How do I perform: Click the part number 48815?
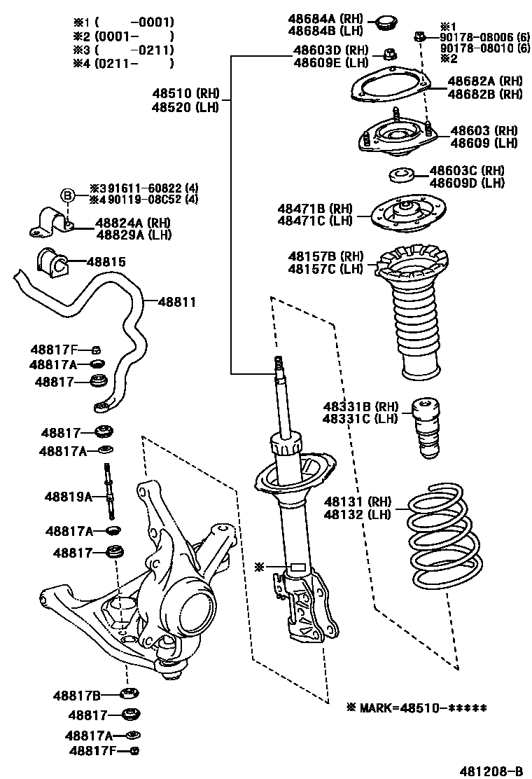pos(106,262)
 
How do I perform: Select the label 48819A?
pos(69,497)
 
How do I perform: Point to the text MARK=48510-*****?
pos(416,708)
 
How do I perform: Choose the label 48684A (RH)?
pos(327,19)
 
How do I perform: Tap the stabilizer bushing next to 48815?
pos(52,263)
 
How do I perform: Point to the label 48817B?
pos(77,696)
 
